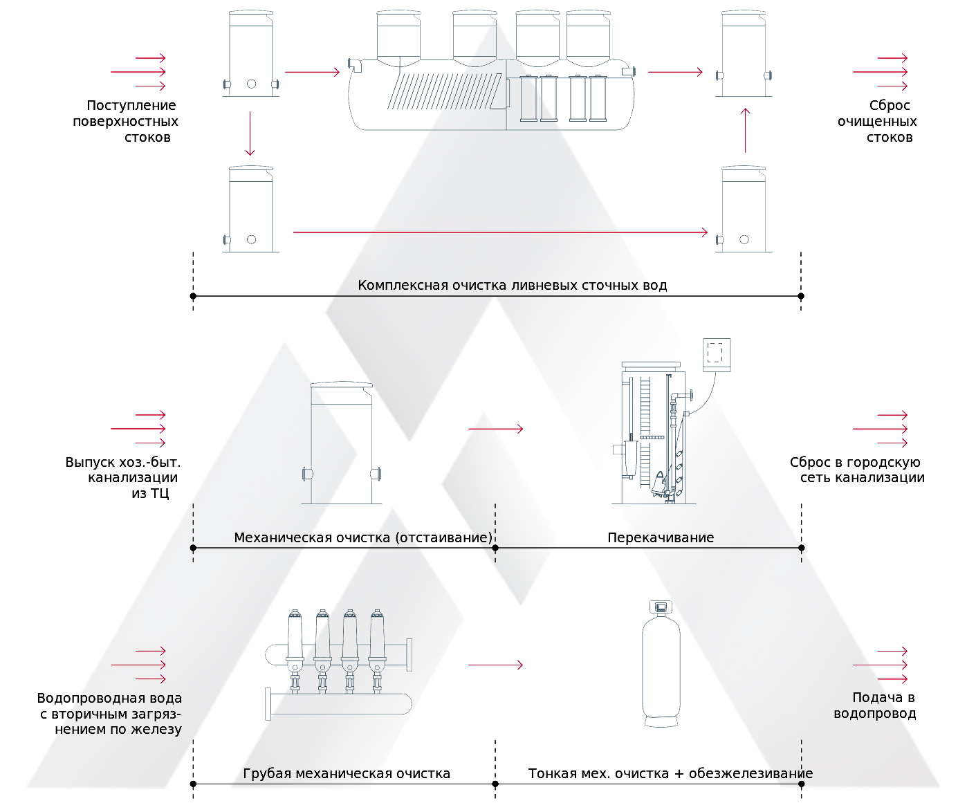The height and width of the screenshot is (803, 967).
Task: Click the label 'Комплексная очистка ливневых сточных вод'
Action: (x=512, y=285)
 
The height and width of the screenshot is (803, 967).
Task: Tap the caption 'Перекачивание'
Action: (x=661, y=537)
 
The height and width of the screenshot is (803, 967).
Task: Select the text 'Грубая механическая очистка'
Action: (x=347, y=773)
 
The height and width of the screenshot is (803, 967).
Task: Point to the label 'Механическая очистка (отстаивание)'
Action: (x=363, y=537)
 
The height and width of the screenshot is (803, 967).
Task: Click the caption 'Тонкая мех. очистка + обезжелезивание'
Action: (x=670, y=773)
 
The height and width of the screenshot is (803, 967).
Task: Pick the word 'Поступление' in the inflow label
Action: (x=131, y=106)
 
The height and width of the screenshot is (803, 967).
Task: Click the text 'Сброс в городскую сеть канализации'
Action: (x=856, y=470)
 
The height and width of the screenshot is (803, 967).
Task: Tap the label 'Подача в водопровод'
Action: (x=876, y=705)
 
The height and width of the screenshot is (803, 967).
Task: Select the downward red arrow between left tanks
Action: (x=250, y=133)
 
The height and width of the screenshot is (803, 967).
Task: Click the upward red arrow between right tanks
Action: (x=745, y=130)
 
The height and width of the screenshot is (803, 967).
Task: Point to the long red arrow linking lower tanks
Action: (x=500, y=232)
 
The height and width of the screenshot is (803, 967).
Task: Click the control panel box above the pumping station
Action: (x=717, y=355)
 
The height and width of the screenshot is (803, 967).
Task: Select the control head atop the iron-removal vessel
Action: (x=661, y=607)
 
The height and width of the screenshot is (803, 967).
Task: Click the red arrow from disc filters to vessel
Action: (x=495, y=665)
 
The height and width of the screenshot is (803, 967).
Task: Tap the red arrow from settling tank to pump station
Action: (x=495, y=429)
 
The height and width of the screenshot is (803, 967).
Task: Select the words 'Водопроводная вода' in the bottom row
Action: (x=109, y=699)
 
